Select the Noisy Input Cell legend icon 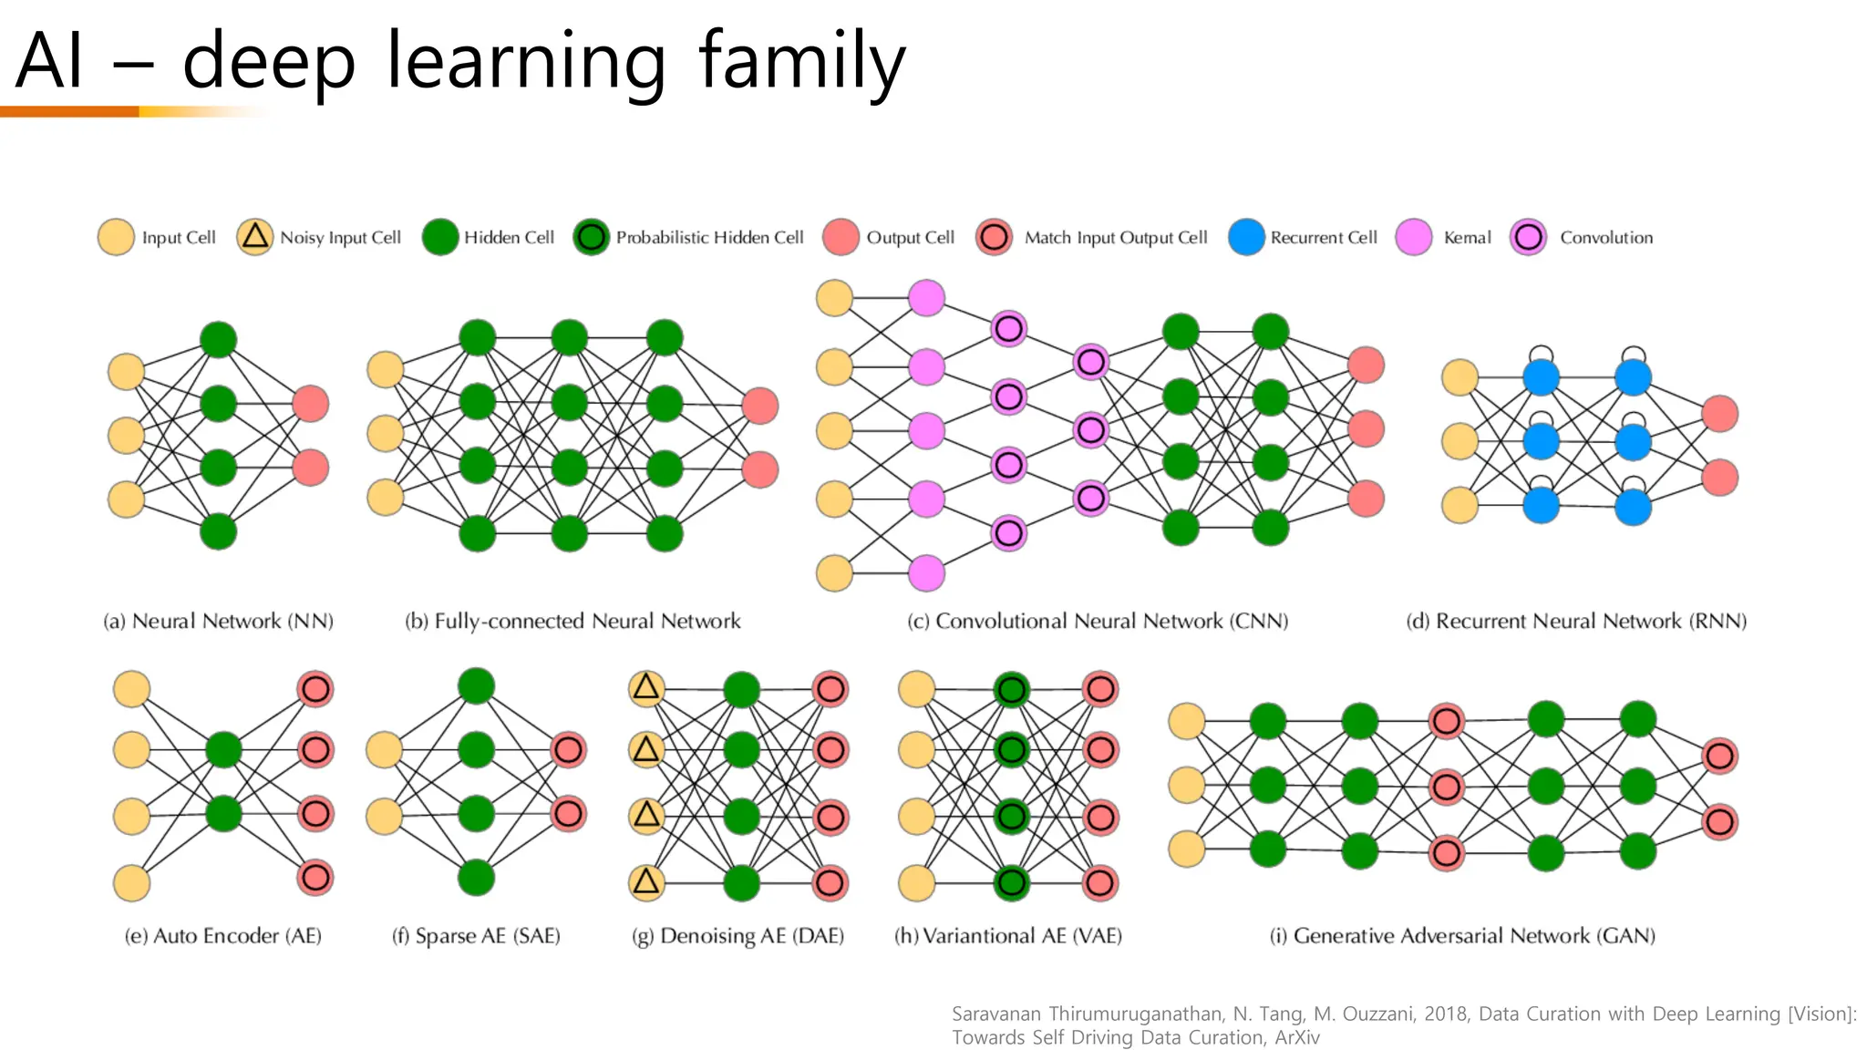tap(254, 237)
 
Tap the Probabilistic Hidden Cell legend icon tap(592, 237)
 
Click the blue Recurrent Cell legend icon tap(1246, 237)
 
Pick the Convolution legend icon tap(1529, 237)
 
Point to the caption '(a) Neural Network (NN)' tap(218, 622)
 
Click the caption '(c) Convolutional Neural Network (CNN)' tap(1098, 622)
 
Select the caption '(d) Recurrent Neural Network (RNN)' tap(1576, 622)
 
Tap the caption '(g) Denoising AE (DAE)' tap(738, 936)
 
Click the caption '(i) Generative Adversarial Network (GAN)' tap(1462, 936)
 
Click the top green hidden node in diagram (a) tap(218, 340)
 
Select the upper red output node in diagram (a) tap(311, 404)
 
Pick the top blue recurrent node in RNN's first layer tap(1541, 377)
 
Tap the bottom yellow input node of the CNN tap(834, 573)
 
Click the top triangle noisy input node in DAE tap(646, 688)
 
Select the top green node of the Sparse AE tap(476, 686)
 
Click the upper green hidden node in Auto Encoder tap(223, 750)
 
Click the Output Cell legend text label tap(910, 237)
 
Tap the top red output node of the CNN tap(1366, 365)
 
